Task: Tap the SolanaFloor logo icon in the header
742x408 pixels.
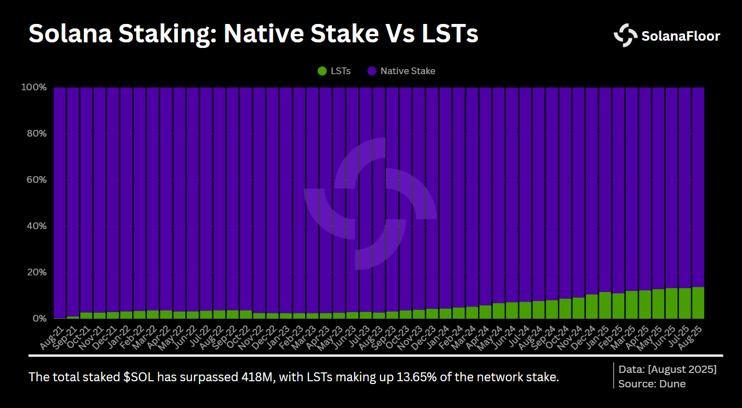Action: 625,36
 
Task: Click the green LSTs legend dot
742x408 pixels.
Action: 322,71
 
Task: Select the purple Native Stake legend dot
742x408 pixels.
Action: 372,71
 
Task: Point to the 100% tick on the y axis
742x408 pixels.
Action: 34,88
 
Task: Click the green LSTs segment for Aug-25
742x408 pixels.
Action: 698,303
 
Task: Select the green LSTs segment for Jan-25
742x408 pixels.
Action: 605,305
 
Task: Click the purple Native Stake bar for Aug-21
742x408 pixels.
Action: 60,201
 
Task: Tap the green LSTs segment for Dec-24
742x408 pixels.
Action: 591,306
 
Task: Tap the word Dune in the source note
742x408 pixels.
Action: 673,383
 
